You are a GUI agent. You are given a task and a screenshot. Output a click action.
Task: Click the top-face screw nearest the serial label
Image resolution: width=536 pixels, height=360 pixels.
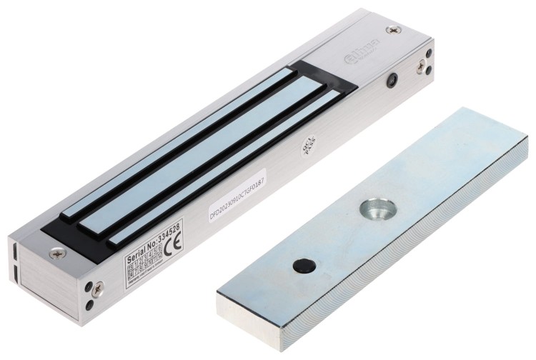point(57,252)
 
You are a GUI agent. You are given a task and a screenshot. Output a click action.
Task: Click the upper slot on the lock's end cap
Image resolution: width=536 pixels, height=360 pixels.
point(15,252)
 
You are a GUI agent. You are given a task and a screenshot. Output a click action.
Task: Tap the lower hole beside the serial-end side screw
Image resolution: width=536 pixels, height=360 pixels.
point(89,304)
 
